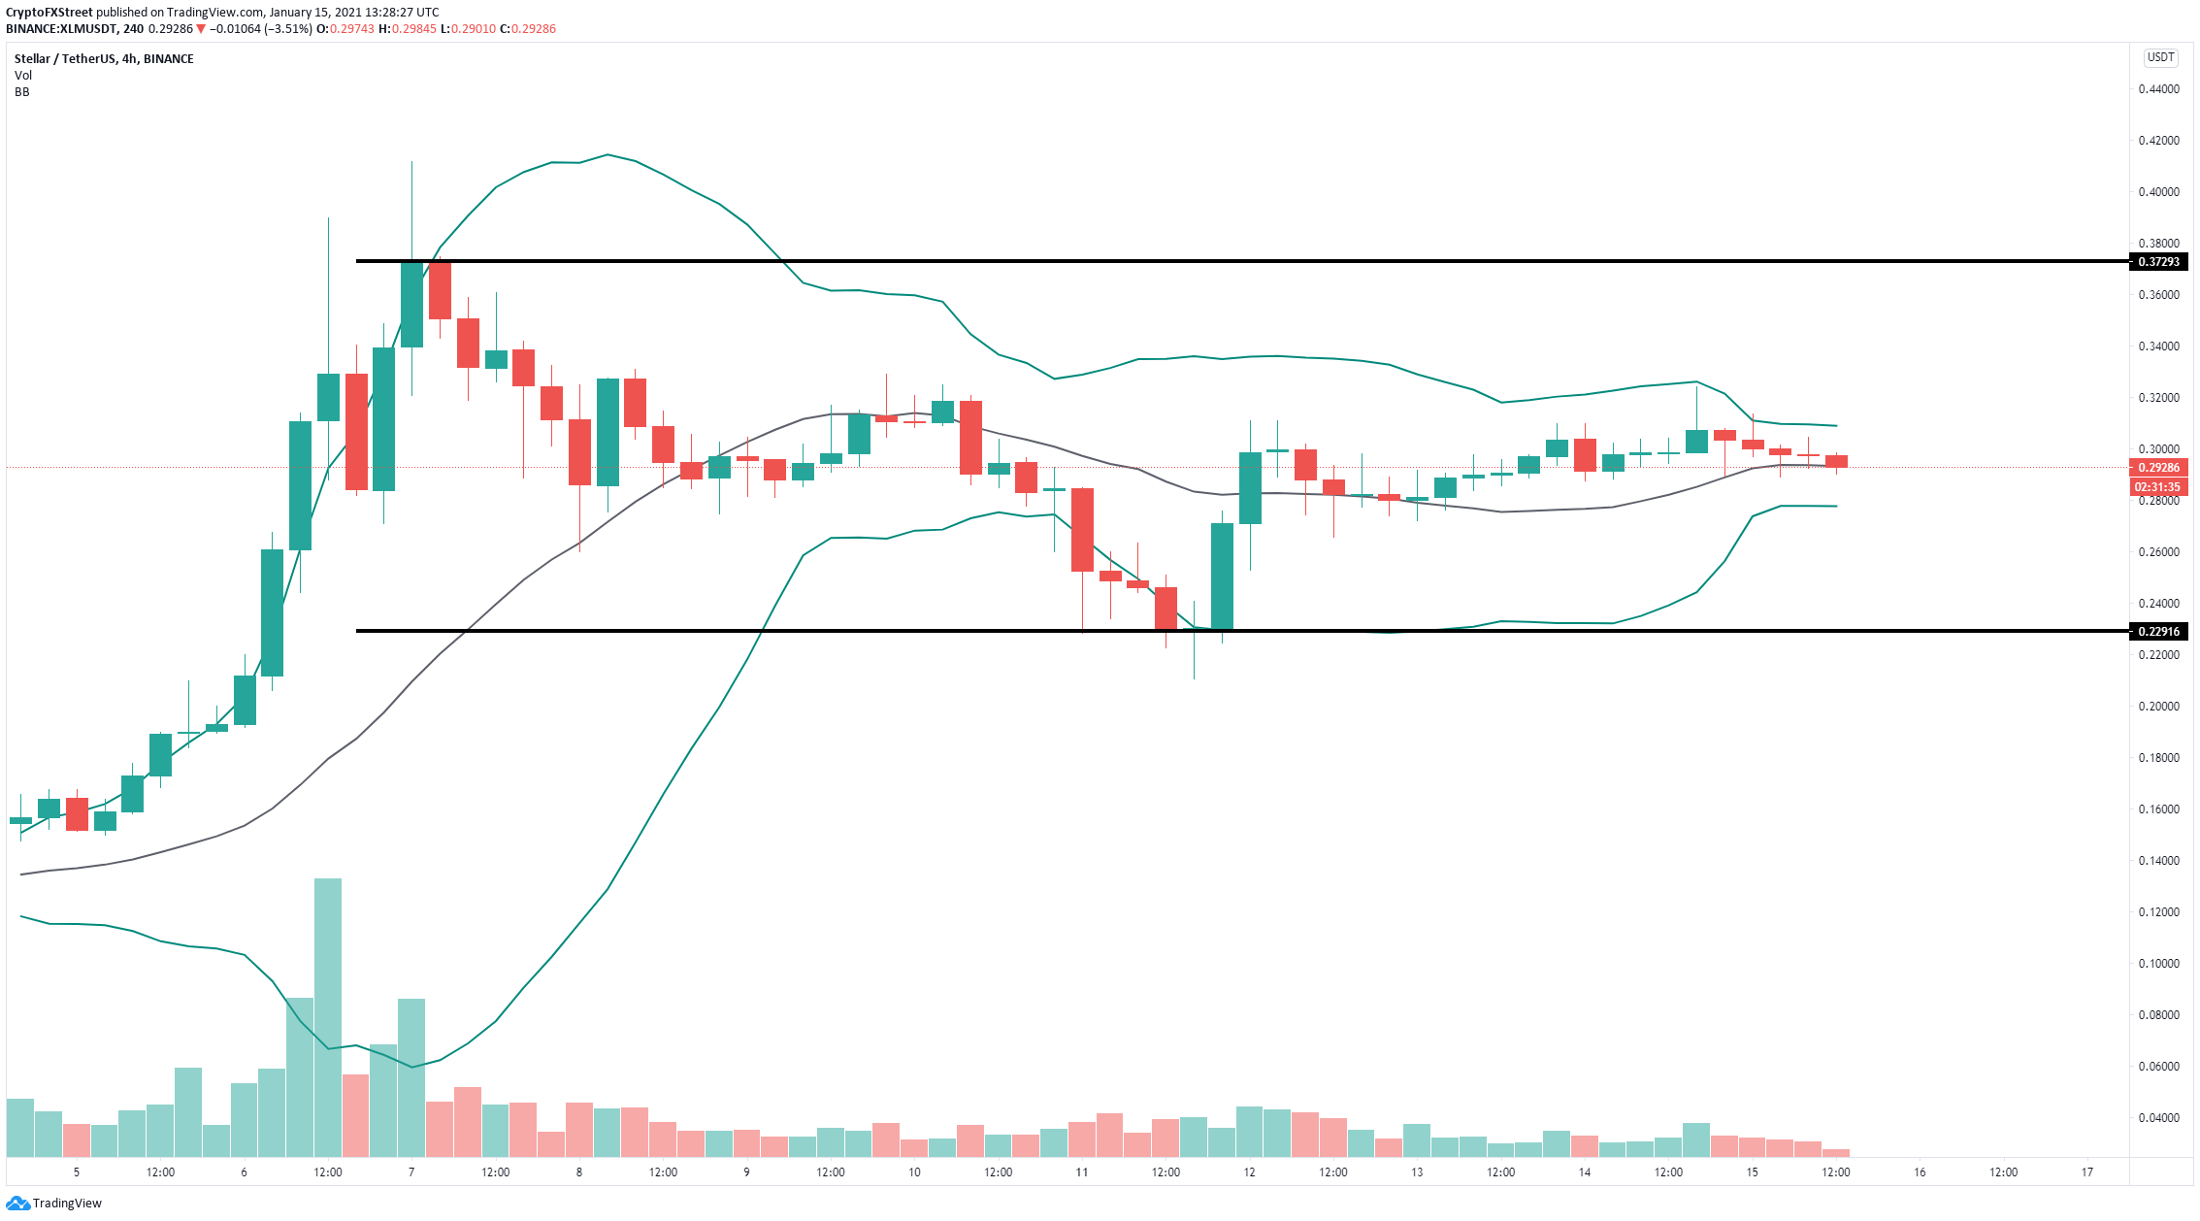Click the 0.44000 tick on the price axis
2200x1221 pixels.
click(x=2159, y=89)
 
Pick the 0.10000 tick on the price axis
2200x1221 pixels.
click(x=2159, y=964)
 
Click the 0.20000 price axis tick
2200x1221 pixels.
click(x=2159, y=707)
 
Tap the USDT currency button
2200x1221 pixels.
click(x=2160, y=57)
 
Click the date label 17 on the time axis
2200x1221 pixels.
click(x=2087, y=1172)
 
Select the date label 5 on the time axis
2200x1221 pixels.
click(x=77, y=1172)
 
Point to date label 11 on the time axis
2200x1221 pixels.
click(x=1082, y=1172)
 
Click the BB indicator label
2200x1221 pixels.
click(x=22, y=92)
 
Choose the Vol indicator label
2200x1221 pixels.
click(x=23, y=76)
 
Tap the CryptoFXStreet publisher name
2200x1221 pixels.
click(x=49, y=13)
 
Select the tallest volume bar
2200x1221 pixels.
click(x=328, y=1018)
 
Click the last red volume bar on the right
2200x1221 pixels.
click(x=1836, y=1153)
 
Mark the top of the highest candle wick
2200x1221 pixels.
click(x=411, y=161)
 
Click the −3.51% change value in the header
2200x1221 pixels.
click(x=289, y=29)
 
